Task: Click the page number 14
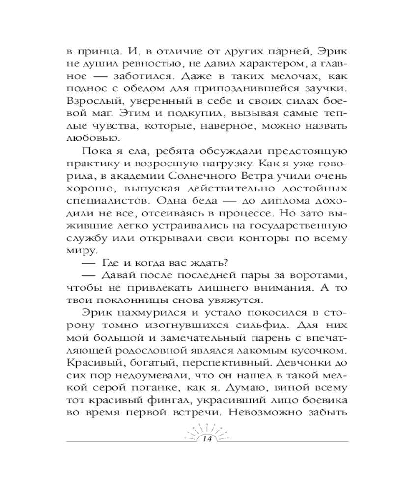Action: click(x=202, y=438)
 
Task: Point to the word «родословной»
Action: click(x=175, y=352)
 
